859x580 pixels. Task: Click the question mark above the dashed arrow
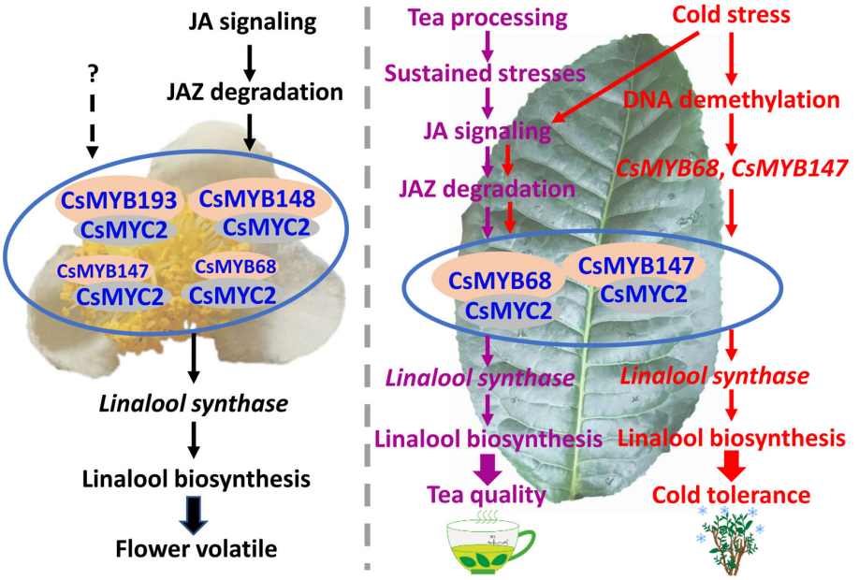pyautogui.click(x=93, y=70)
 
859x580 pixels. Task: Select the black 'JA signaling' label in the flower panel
pyautogui.click(x=249, y=20)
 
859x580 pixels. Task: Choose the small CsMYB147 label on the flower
pyautogui.click(x=96, y=272)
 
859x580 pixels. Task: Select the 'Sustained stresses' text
pyautogui.click(x=486, y=73)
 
